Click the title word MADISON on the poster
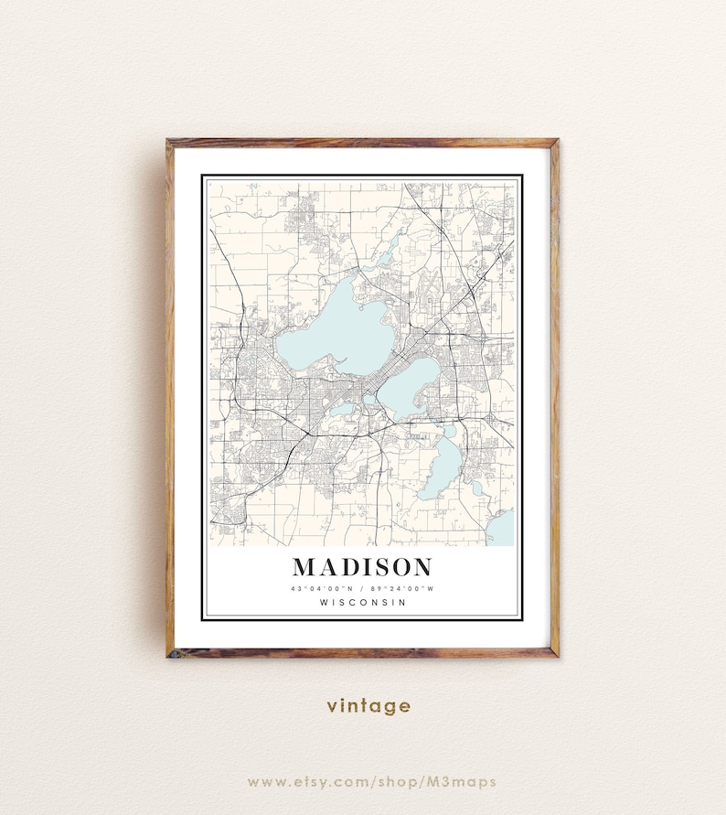[x=362, y=566]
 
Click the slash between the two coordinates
[x=362, y=587]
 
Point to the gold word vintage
[x=368, y=705]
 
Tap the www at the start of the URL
[x=264, y=781]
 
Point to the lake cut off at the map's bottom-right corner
[x=504, y=529]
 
